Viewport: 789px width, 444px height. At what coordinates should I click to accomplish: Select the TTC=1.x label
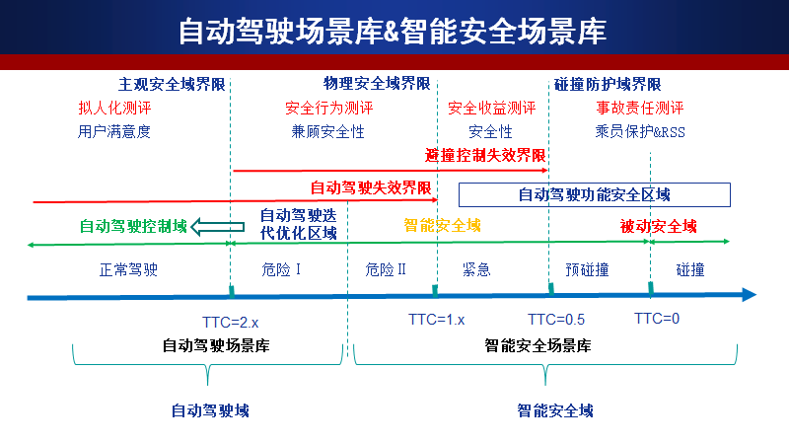436,319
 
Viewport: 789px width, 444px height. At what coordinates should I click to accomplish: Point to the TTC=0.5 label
556,319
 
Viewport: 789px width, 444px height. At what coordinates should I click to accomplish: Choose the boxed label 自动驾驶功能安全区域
595,194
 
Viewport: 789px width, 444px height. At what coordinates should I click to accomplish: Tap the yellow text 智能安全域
443,225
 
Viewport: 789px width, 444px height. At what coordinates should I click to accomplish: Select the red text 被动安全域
659,226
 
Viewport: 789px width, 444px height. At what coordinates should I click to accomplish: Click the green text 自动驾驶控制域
133,226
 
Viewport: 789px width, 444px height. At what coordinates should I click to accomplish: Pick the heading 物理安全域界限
377,84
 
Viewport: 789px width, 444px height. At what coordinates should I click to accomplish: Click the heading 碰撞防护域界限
608,85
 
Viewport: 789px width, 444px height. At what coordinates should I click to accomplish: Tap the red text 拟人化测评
113,108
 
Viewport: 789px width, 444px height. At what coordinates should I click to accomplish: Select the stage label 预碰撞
587,269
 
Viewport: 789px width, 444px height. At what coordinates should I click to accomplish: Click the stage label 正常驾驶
129,269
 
